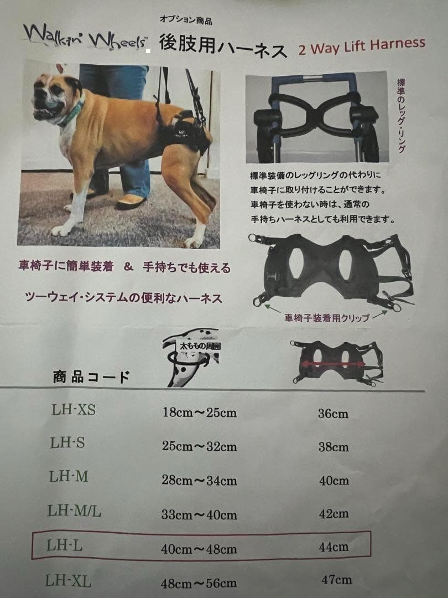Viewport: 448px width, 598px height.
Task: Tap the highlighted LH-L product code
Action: (65, 545)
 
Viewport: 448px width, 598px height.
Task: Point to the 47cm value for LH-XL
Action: (336, 580)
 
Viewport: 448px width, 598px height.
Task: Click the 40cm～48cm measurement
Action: (199, 549)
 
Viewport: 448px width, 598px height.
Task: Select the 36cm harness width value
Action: (333, 414)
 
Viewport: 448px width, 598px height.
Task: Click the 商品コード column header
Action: (91, 378)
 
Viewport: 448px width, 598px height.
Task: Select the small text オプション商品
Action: (185, 21)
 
